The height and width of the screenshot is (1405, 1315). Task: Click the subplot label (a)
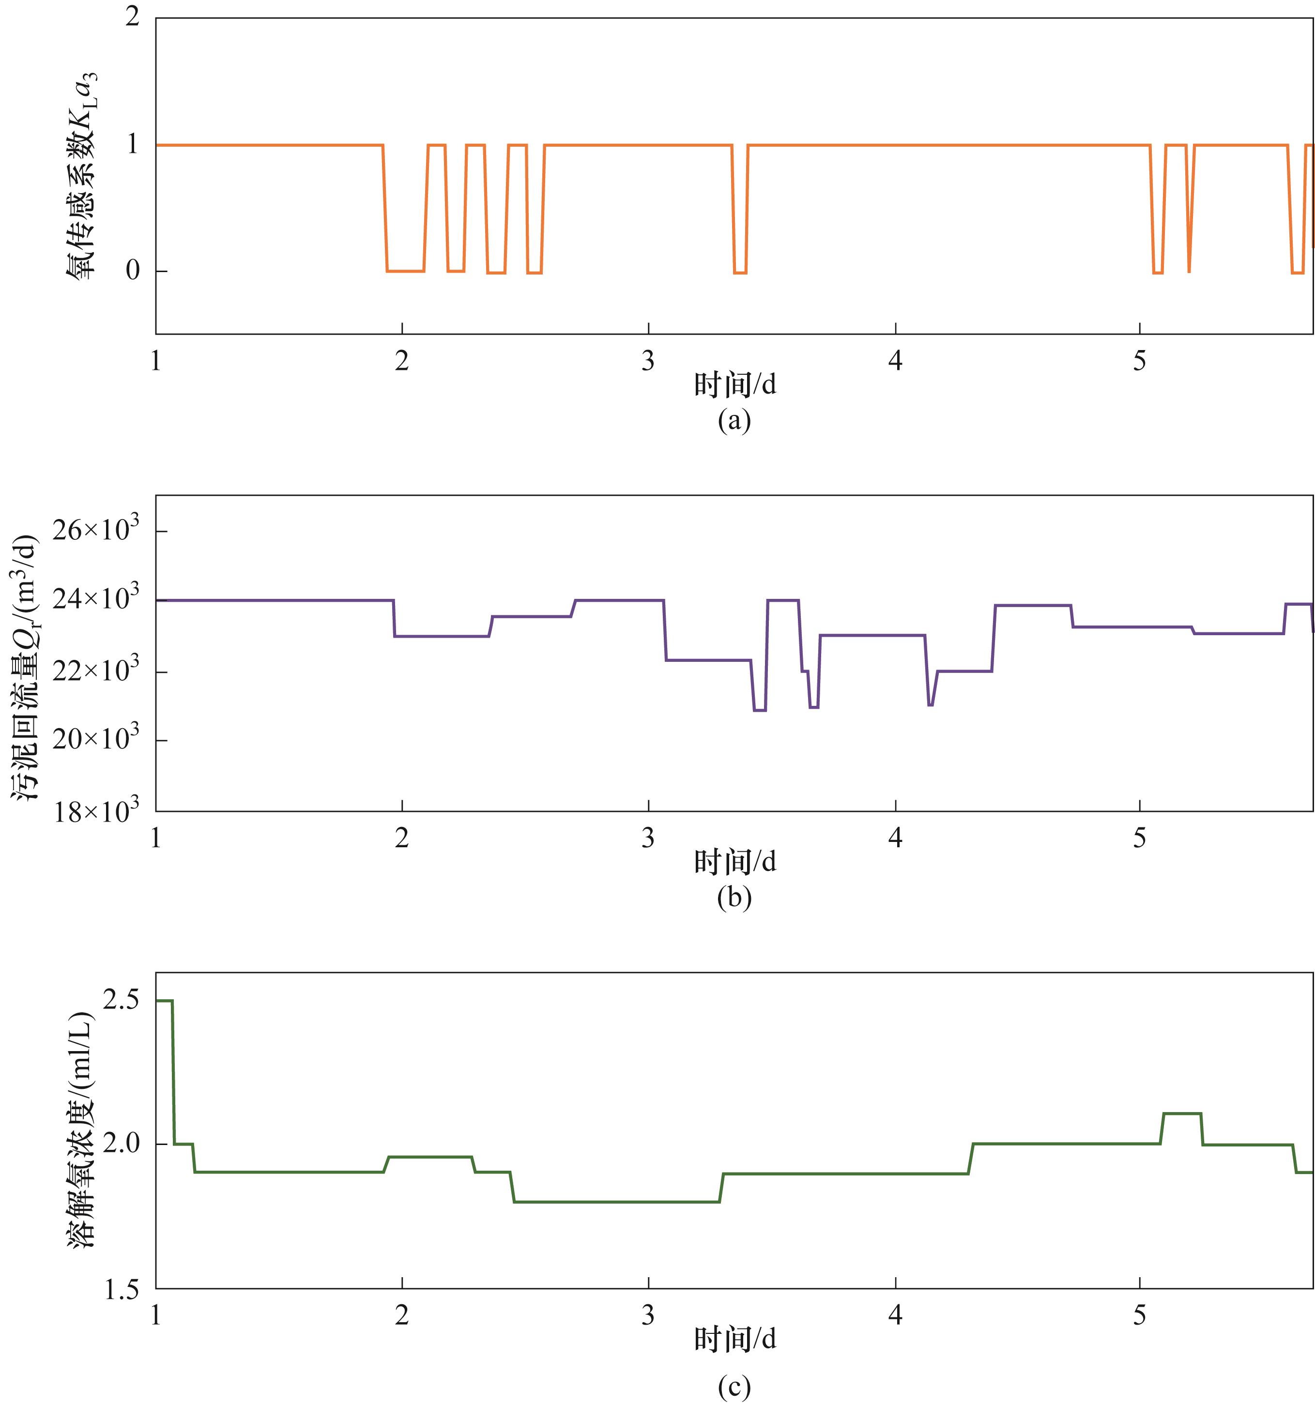click(734, 421)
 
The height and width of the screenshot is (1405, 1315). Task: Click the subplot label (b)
click(734, 898)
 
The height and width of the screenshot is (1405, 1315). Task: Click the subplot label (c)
click(734, 1388)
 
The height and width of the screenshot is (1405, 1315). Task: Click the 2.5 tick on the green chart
click(122, 1001)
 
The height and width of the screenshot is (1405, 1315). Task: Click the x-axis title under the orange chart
click(735, 385)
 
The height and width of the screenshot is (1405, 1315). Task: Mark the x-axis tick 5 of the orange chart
click(1139, 361)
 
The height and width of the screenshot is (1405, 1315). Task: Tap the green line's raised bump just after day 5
click(1181, 1114)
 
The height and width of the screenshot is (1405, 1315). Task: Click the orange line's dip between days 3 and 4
click(740, 272)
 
